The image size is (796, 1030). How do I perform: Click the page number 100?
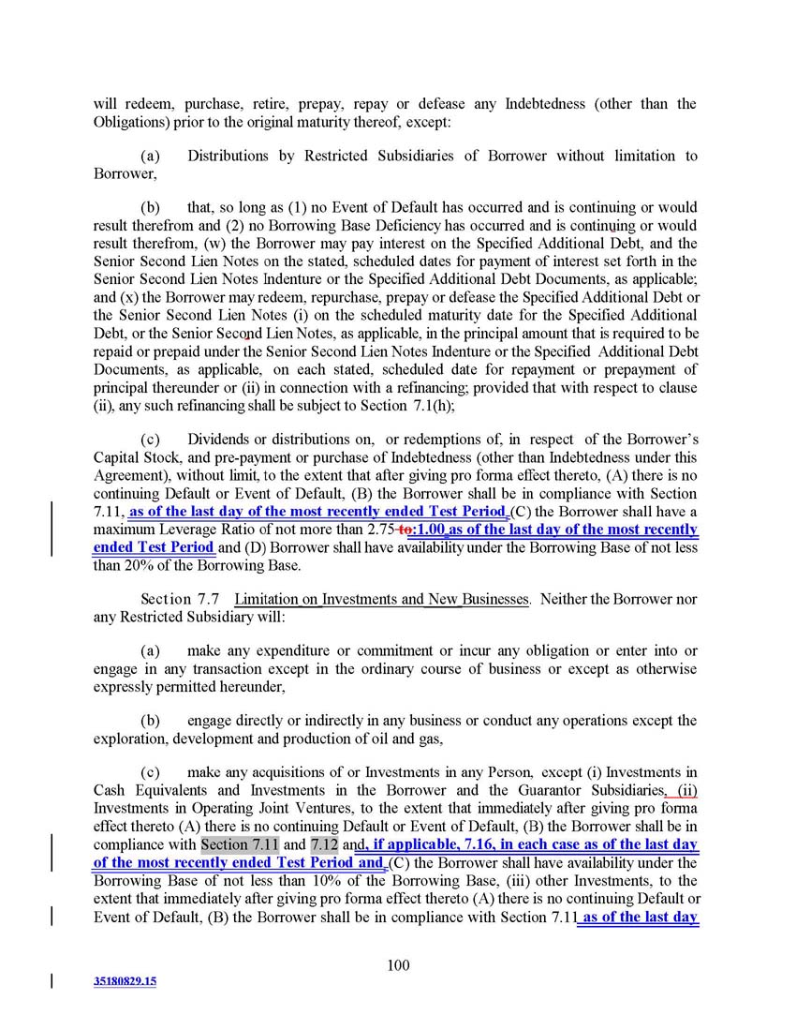(398, 966)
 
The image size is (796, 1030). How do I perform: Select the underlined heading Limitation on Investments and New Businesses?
(381, 599)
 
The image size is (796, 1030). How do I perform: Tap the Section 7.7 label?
(181, 599)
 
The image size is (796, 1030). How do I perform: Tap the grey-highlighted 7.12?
(324, 845)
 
